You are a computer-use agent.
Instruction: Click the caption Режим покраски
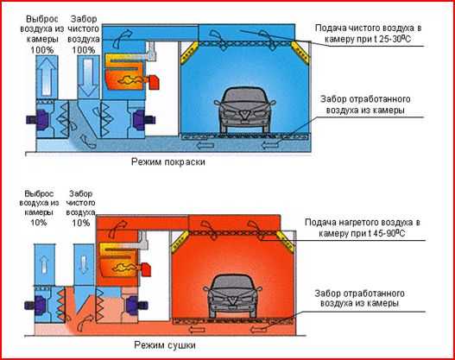tap(168, 161)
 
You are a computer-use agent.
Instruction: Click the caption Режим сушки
tap(165, 345)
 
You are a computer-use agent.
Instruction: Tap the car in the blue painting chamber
tap(245, 110)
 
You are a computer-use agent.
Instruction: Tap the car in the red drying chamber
tap(233, 296)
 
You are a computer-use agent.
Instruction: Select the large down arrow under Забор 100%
tap(88, 77)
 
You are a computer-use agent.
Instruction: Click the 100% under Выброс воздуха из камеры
tap(42, 49)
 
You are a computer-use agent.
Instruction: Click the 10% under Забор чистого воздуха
tap(81, 223)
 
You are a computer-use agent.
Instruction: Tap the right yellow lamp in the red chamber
tap(286, 241)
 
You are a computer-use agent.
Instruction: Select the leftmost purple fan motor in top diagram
tap(38, 119)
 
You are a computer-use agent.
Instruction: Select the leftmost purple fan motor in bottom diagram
tap(35, 305)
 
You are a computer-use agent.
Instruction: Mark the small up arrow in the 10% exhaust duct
tap(44, 266)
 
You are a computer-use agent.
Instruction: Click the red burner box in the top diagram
tap(154, 82)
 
